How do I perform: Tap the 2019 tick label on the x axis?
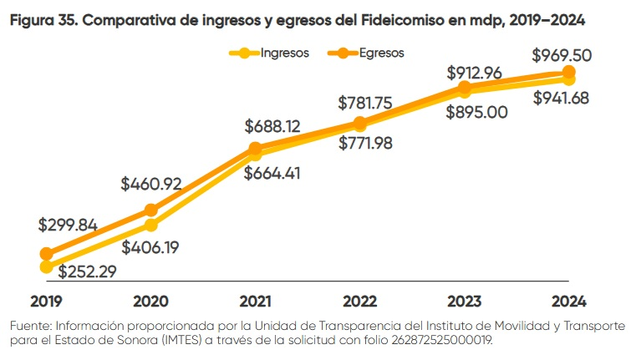(x=47, y=300)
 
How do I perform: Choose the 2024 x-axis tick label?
(x=569, y=300)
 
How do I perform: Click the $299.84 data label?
(x=68, y=225)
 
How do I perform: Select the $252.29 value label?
(x=88, y=271)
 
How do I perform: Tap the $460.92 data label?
(x=151, y=183)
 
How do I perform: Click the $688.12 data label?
(x=275, y=126)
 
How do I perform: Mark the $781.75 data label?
(x=369, y=103)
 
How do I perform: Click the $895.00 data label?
(x=476, y=112)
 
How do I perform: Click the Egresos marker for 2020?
(x=151, y=210)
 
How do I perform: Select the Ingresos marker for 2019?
(x=47, y=267)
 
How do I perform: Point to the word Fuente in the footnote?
(x=31, y=325)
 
